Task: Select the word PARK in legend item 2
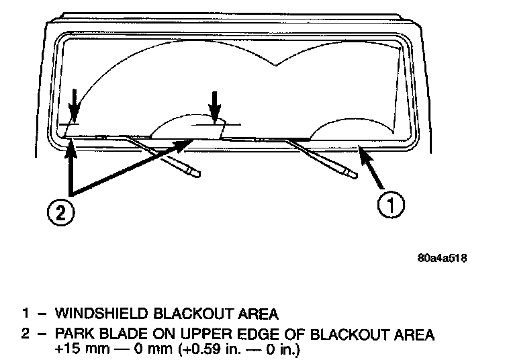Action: pos(73,334)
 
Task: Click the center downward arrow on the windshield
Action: pos(214,106)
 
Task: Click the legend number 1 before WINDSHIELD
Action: pos(24,313)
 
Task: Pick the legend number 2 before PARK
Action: pos(24,334)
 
